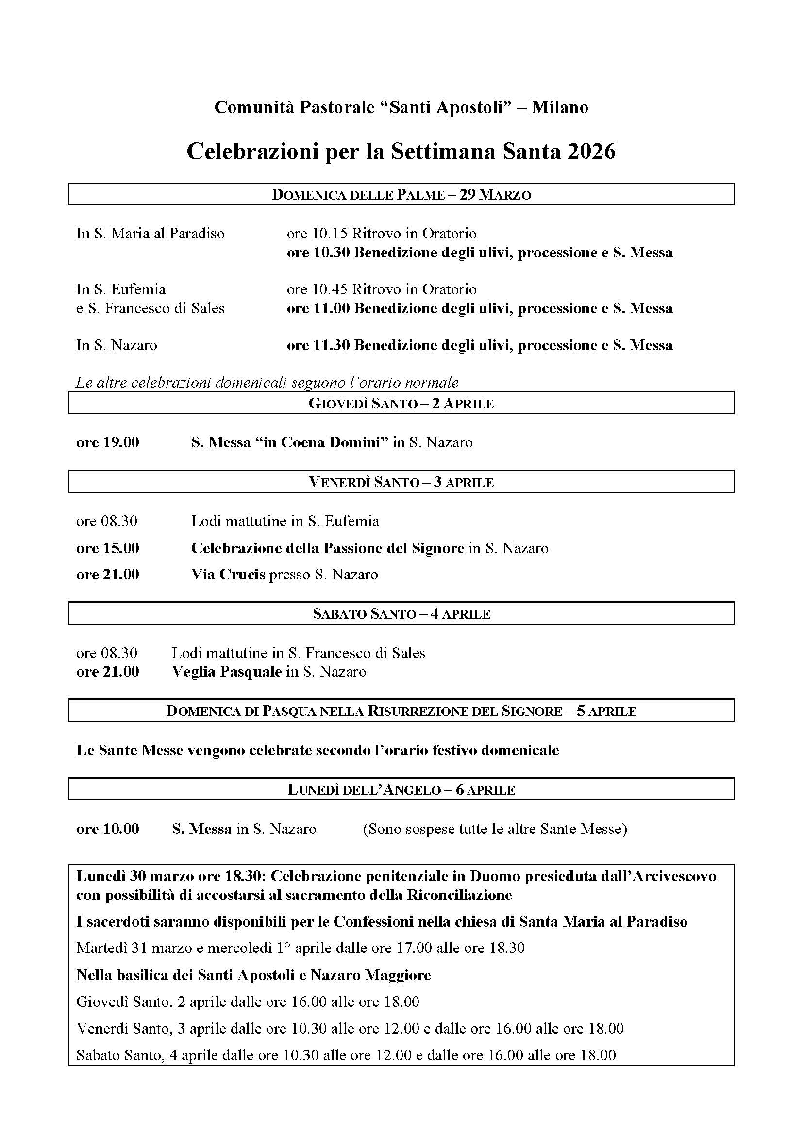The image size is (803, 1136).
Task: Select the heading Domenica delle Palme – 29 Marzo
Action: tap(401, 194)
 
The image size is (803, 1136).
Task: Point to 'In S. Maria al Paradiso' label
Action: tap(151, 233)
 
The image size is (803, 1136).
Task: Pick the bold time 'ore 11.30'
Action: tap(318, 345)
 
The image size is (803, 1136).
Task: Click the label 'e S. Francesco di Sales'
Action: tap(151, 308)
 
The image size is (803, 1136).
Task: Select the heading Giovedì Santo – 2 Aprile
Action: tap(401, 403)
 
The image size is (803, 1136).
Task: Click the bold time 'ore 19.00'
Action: tap(108, 442)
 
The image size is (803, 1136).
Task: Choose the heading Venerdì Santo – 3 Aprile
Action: tap(401, 482)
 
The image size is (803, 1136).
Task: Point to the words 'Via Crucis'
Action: tap(228, 575)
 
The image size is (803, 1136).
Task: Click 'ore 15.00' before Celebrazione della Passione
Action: tap(108, 548)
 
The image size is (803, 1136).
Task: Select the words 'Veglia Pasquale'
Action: tap(226, 671)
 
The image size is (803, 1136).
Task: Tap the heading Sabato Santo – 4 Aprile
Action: tap(401, 614)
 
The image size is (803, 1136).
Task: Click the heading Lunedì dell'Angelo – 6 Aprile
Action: tap(401, 790)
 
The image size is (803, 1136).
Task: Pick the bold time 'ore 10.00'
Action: tap(108, 829)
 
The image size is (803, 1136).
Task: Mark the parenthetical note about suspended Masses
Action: tap(494, 829)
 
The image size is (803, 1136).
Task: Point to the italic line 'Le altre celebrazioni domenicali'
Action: tap(267, 382)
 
